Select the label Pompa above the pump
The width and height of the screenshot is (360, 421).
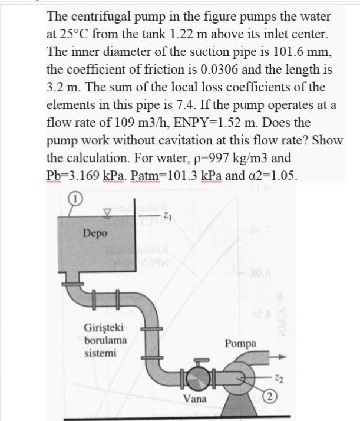240,344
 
